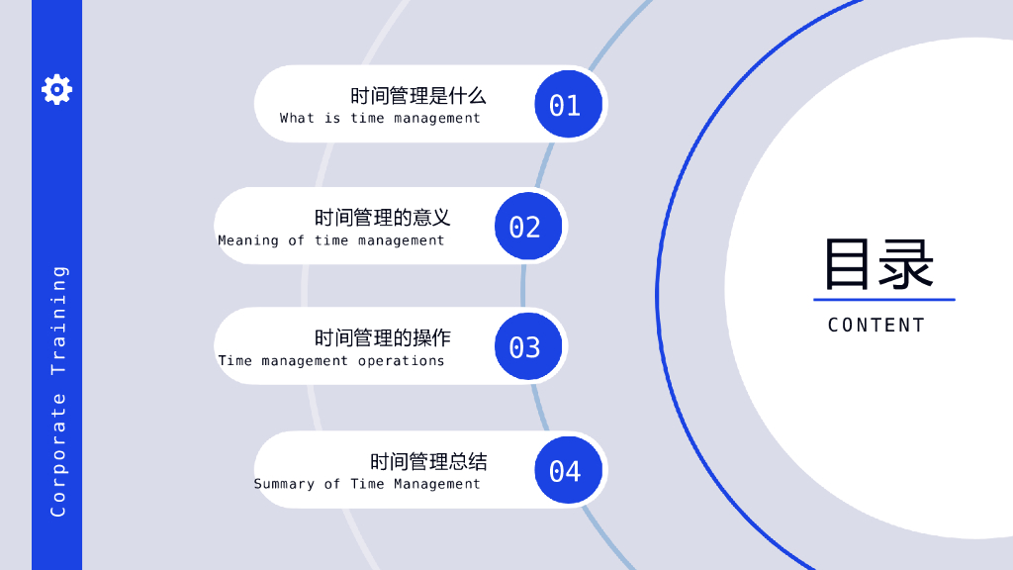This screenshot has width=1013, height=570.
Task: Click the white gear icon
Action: [56, 89]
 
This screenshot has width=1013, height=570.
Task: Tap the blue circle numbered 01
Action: [565, 105]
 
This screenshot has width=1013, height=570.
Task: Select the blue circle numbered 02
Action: [525, 227]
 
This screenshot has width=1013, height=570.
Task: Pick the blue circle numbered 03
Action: [525, 347]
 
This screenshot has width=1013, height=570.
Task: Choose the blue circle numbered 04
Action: [565, 470]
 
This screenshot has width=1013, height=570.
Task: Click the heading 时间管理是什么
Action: [418, 96]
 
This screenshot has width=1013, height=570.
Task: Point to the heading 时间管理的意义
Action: [383, 218]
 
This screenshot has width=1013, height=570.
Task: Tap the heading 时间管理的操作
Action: [383, 338]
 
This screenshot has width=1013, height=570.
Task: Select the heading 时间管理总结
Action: [428, 461]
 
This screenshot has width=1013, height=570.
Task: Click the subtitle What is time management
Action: [380, 118]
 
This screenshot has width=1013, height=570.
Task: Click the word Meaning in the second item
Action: [248, 240]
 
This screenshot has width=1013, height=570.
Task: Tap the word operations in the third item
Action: [402, 361]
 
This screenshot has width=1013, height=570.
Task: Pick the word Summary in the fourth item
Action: [284, 484]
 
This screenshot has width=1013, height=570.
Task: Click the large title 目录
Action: [878, 263]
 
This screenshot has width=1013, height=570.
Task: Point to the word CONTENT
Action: [876, 325]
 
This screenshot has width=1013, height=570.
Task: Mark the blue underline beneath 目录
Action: [883, 299]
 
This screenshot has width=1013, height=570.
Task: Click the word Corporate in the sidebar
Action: [58, 454]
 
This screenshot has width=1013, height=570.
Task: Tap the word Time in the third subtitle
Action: [235, 361]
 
